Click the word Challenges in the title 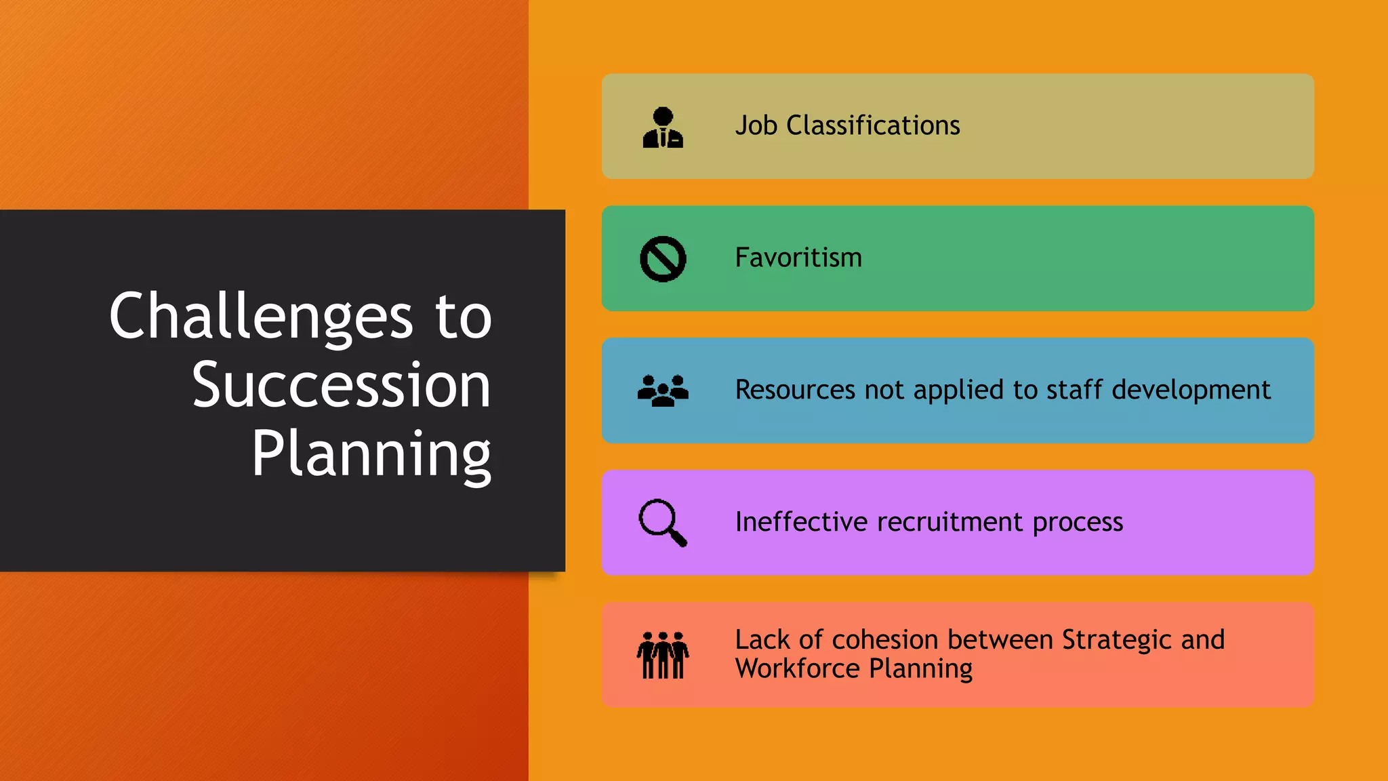(x=261, y=316)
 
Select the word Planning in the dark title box (x=371, y=455)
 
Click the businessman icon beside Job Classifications (x=662, y=127)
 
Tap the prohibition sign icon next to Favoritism (x=663, y=259)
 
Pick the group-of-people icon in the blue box (x=663, y=390)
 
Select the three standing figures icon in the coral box (x=663, y=655)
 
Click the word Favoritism (x=798, y=258)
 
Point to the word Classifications (x=873, y=125)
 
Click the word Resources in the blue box (x=795, y=390)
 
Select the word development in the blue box (x=1191, y=390)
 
